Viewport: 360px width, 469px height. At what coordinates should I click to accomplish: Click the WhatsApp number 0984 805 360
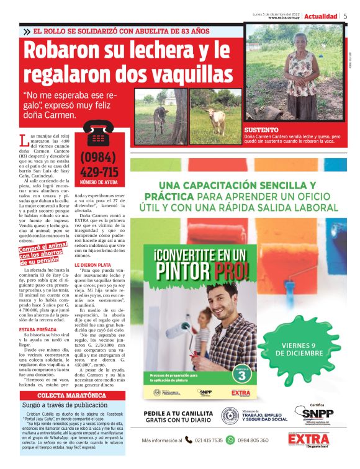pyautogui.click(x=257, y=440)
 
